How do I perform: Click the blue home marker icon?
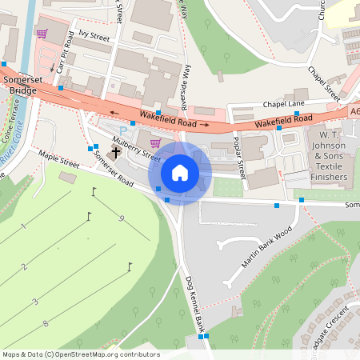(180, 173)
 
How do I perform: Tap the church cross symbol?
(117, 151)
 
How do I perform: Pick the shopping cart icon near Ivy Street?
(42, 34)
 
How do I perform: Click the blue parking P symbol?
(122, 130)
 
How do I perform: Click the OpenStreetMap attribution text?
(81, 354)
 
